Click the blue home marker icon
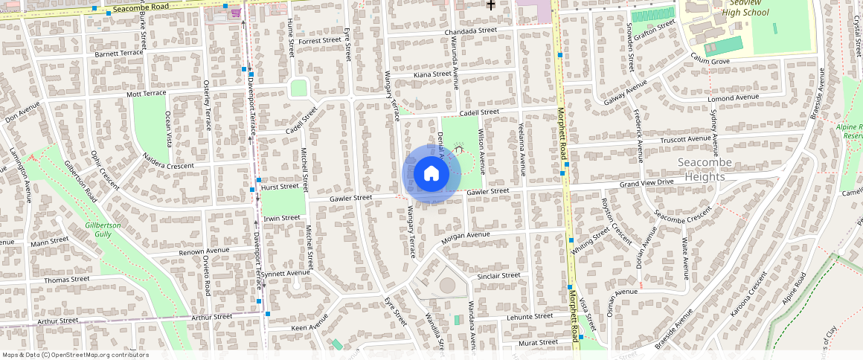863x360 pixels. (x=431, y=174)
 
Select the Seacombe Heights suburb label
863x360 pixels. (x=705, y=170)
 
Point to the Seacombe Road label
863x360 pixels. (x=141, y=7)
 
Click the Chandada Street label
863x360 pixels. (x=470, y=31)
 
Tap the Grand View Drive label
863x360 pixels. (x=646, y=183)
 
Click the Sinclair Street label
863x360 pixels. (x=498, y=276)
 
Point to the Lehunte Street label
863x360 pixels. (x=530, y=316)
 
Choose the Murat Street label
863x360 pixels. (x=537, y=342)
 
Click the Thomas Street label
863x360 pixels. (x=67, y=280)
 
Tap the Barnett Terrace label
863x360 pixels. (x=119, y=54)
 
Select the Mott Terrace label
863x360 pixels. (x=147, y=94)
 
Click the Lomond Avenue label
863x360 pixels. (x=733, y=98)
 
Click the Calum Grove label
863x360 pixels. (x=710, y=58)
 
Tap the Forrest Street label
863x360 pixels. (x=319, y=41)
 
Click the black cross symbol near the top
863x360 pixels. (x=491, y=5)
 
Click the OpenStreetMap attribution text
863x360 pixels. (x=75, y=355)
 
